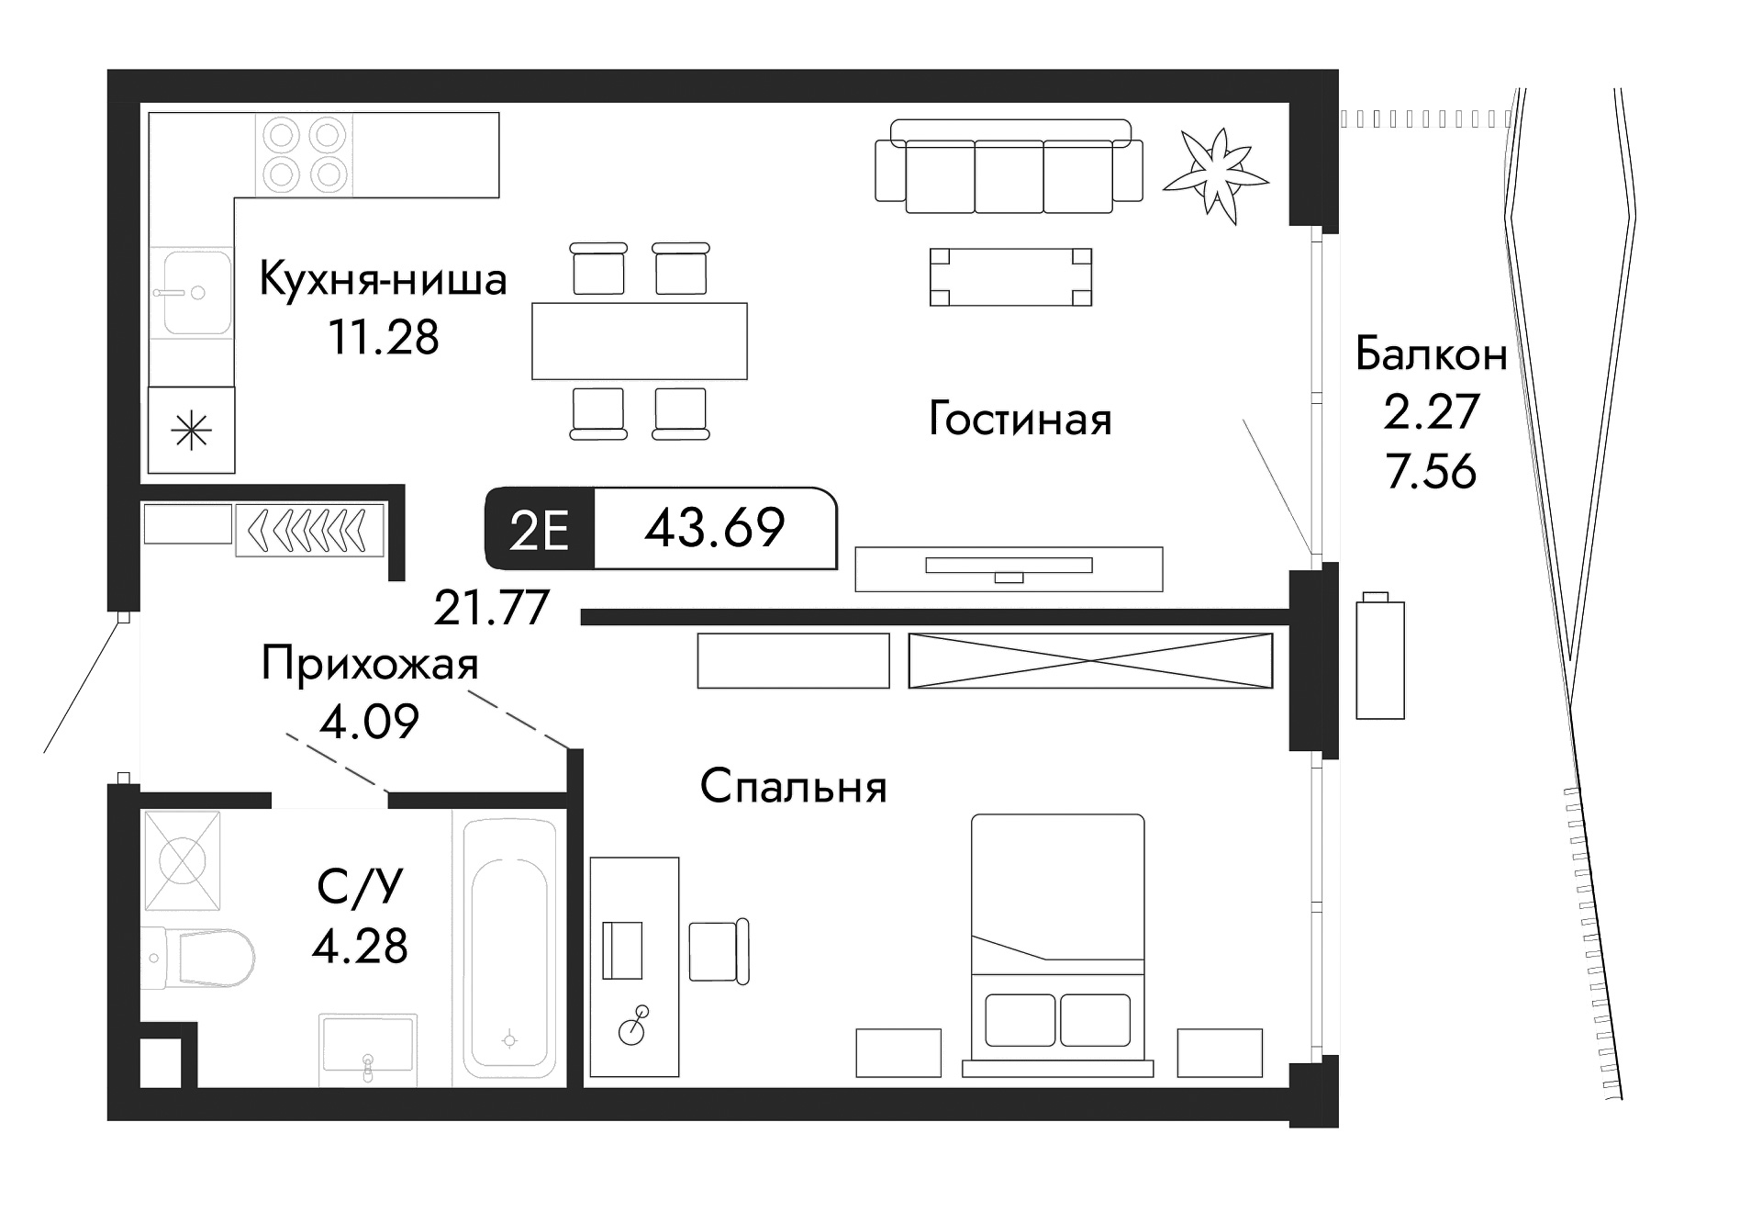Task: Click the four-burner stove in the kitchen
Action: coord(304,153)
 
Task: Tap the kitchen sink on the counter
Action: coord(195,294)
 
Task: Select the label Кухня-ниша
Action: coord(383,279)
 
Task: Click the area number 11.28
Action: coord(384,337)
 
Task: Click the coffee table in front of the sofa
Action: coord(1010,276)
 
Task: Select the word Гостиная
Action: coord(1020,420)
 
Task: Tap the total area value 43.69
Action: coord(714,529)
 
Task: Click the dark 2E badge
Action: coord(539,530)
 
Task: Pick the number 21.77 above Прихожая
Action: coord(491,607)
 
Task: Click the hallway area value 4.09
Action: coord(369,722)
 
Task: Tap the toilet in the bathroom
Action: coord(206,958)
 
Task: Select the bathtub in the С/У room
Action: coord(509,948)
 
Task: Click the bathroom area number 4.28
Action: coord(360,946)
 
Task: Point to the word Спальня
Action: coord(793,787)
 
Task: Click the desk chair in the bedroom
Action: coord(718,951)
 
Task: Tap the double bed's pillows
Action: coord(1057,1019)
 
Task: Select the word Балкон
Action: coord(1431,353)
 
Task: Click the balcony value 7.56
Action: coord(1431,471)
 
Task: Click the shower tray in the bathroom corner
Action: coord(183,860)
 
